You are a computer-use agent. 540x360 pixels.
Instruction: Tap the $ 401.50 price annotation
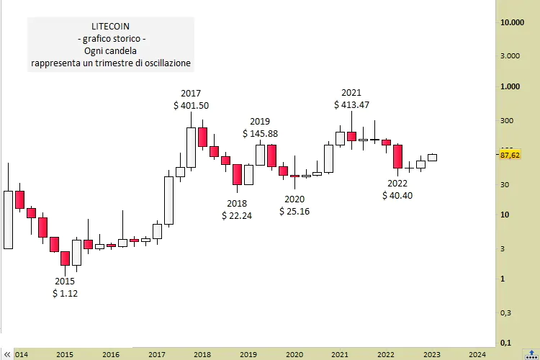[x=191, y=105]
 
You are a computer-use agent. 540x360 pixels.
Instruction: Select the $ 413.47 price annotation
[x=351, y=104]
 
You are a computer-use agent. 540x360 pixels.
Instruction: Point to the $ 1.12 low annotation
[x=65, y=293]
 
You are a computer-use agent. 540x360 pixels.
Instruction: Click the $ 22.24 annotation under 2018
[x=237, y=215]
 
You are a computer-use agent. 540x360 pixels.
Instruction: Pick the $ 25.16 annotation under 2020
[x=294, y=211]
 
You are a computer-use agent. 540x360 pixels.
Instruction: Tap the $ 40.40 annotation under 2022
[x=397, y=195]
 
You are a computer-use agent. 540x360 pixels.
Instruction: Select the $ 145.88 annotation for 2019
[x=260, y=133]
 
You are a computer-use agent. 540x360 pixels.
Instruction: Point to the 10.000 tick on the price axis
[x=511, y=22]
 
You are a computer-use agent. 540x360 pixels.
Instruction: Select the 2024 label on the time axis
[x=477, y=354]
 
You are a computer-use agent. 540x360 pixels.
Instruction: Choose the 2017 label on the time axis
[x=156, y=354]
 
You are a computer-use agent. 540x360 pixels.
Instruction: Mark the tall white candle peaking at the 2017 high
[x=191, y=148]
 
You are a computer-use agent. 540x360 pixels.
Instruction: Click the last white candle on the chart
[x=432, y=157]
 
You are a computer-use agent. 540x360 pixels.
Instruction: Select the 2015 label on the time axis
[x=64, y=354]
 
